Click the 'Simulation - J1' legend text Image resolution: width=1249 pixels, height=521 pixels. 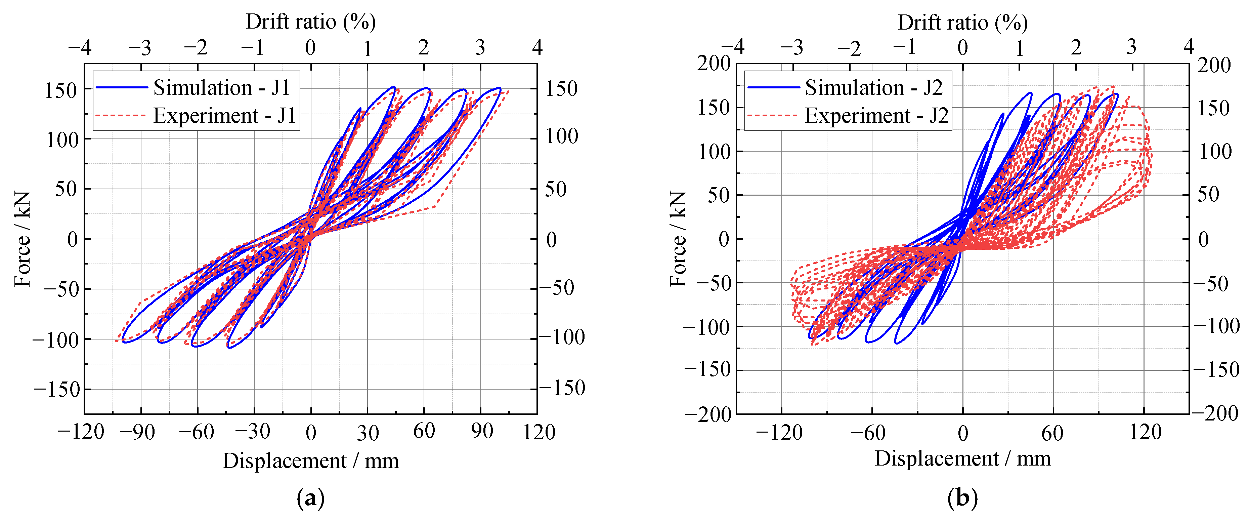coord(222,88)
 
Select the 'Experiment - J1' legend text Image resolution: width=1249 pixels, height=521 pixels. coord(224,116)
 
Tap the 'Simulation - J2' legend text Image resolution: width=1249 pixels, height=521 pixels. coord(874,88)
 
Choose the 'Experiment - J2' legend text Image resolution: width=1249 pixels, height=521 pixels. coord(877,116)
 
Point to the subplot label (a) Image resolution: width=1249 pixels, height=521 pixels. coord(310,498)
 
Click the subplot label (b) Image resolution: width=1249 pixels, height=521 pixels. coord(962,498)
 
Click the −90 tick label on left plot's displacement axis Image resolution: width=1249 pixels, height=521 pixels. coord(138,432)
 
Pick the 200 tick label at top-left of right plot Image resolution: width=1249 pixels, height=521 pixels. coord(714,63)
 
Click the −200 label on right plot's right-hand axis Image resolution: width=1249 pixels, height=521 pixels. coord(1215,413)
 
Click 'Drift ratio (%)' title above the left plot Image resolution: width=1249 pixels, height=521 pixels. coord(310,22)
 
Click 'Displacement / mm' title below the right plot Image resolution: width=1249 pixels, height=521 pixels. coord(962,458)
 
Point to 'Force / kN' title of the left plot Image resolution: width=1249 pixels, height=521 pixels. coord(22,239)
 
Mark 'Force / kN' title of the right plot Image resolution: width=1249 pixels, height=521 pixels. coord(678,239)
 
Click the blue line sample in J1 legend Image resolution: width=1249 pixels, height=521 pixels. coord(122,87)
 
